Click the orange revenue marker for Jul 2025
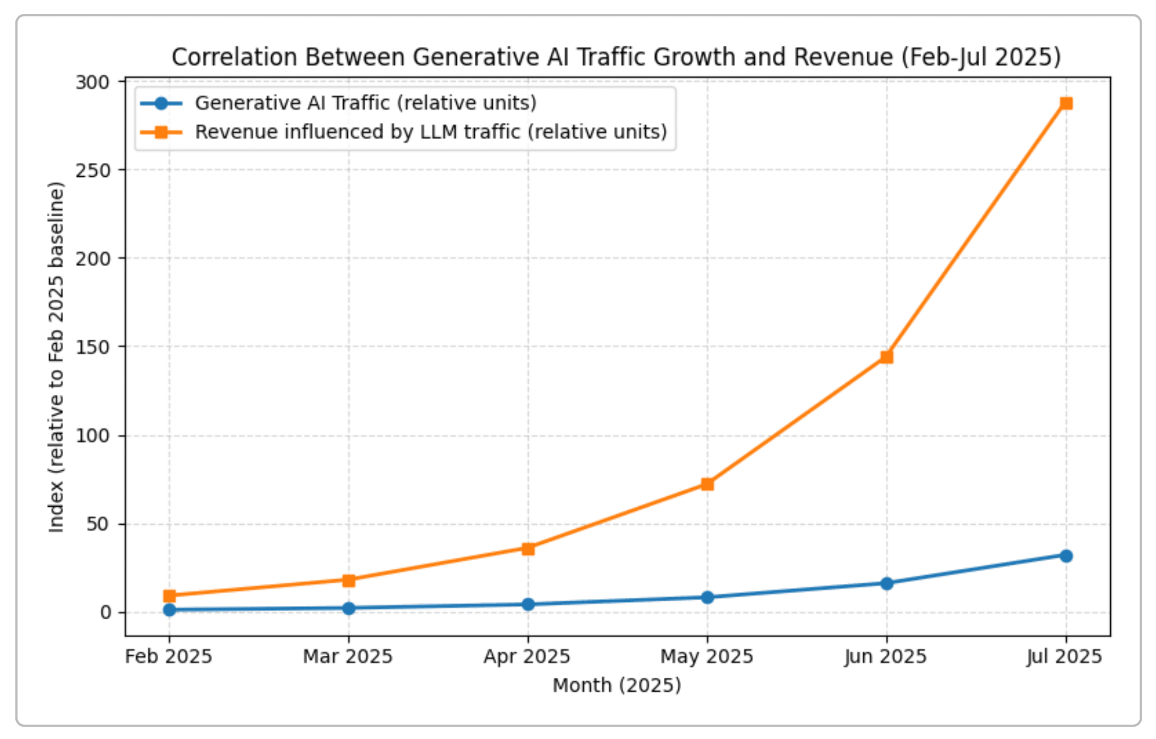1066,103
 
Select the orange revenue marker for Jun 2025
886,357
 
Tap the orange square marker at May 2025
707,484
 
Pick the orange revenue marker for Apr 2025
528,549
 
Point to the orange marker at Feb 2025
170,596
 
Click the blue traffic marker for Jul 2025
1066,556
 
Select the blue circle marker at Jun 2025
886,583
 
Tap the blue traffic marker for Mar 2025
349,608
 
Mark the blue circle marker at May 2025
707,597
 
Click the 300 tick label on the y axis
93,82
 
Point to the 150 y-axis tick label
93,347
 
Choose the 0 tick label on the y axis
106,613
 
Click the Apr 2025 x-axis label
527,657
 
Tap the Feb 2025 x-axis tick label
169,657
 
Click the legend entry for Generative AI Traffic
365,103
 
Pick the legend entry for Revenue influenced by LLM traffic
431,132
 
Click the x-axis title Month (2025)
617,686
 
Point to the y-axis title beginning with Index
57,357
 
